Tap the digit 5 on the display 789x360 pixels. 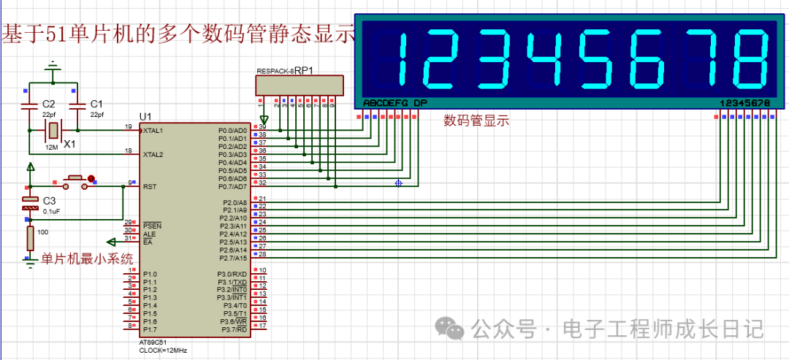[x=591, y=58]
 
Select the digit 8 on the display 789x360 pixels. [x=751, y=58]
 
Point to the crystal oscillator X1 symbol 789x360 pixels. [x=53, y=130]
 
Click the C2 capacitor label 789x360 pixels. [x=48, y=104]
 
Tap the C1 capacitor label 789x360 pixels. [x=96, y=104]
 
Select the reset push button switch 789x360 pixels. [x=73, y=180]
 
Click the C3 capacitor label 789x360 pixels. [x=49, y=201]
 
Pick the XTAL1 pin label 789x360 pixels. [x=153, y=130]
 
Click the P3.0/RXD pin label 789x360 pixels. [x=233, y=274]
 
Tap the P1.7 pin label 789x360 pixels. [x=150, y=329]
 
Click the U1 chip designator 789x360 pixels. [x=145, y=117]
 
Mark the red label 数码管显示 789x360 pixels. [x=476, y=121]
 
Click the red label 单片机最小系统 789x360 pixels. [x=87, y=258]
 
